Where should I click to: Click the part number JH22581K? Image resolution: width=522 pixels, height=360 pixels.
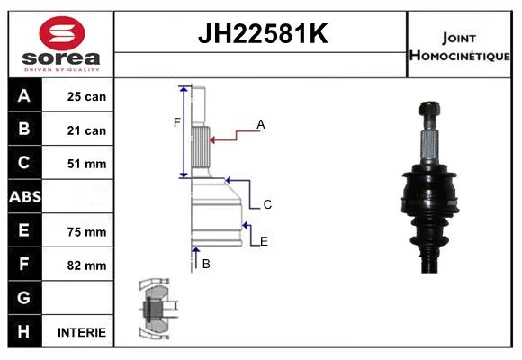(263, 33)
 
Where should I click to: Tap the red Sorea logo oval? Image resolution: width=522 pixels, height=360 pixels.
(62, 33)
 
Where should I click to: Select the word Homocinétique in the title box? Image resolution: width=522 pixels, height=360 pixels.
(459, 56)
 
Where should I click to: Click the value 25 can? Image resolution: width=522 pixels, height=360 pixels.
(86, 96)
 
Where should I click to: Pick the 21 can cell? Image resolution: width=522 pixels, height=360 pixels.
(86, 130)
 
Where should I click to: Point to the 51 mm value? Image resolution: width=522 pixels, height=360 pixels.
(86, 164)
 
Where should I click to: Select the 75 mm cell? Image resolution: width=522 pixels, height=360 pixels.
(86, 232)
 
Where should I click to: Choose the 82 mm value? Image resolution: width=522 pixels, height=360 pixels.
(86, 265)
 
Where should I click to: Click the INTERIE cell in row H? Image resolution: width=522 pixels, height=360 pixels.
(82, 332)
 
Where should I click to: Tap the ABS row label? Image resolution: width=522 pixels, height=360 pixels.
(25, 197)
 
